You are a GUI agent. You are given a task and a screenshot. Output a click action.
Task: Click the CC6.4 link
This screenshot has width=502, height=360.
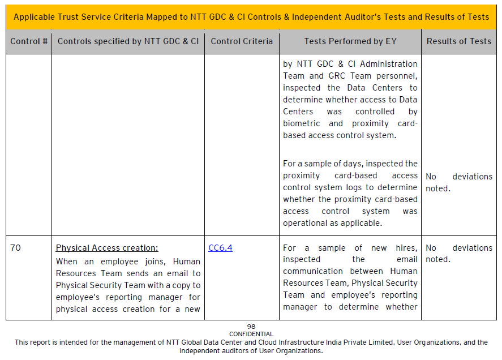[x=220, y=248]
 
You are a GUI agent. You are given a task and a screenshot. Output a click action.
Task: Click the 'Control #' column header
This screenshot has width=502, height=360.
[x=29, y=41]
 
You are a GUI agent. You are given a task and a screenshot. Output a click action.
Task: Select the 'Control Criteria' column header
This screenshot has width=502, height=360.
[x=242, y=41]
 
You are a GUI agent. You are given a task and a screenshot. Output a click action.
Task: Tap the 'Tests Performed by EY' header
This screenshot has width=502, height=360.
[x=350, y=41]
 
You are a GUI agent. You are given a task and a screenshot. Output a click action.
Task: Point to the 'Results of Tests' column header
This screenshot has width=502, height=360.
[x=458, y=41]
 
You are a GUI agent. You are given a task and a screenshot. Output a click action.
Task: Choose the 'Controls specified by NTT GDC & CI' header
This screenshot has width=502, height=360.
[x=128, y=41]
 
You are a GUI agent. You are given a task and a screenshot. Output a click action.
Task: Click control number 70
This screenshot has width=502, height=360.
[x=15, y=248]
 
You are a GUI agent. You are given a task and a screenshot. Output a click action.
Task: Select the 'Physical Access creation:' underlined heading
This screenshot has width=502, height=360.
[x=107, y=248]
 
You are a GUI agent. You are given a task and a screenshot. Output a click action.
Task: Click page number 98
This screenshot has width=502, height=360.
[x=251, y=327]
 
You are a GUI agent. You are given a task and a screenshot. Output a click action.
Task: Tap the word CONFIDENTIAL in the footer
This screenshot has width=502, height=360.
[x=251, y=334]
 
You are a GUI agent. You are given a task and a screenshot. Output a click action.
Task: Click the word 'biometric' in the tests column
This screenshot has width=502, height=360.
[x=301, y=123]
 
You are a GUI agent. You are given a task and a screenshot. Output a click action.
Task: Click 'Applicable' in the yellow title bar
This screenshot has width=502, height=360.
[x=36, y=17]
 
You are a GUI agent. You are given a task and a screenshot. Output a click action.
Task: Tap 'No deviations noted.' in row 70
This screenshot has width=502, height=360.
[x=458, y=254]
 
